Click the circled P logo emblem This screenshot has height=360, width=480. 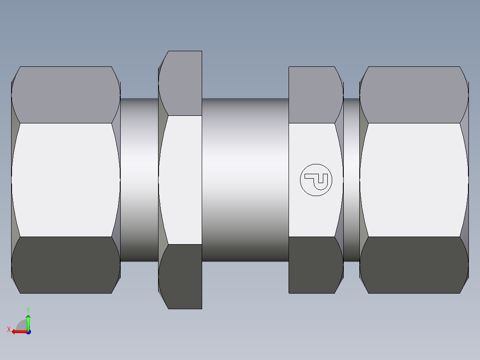tap(316, 180)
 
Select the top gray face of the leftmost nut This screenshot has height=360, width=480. tap(65, 94)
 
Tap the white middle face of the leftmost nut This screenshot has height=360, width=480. tap(65, 180)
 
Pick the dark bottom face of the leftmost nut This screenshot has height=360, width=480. tap(65, 265)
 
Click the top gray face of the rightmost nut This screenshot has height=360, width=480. tap(414, 94)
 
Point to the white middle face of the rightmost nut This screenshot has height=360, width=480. tap(414, 180)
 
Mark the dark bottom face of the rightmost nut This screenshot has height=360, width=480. tap(414, 265)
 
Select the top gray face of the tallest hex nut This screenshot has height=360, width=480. tap(183, 83)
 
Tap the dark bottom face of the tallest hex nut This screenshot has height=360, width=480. tap(183, 276)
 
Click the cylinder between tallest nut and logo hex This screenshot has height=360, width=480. tap(245, 180)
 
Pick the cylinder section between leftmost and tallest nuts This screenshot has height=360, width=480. tap(139, 180)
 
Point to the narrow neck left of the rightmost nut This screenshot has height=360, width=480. tap(351, 180)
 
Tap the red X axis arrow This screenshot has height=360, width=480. tap(18, 331)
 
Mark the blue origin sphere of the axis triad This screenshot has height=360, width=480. tap(28, 331)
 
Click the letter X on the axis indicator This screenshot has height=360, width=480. tap(8, 329)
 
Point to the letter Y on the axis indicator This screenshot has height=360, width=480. tap(28, 310)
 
